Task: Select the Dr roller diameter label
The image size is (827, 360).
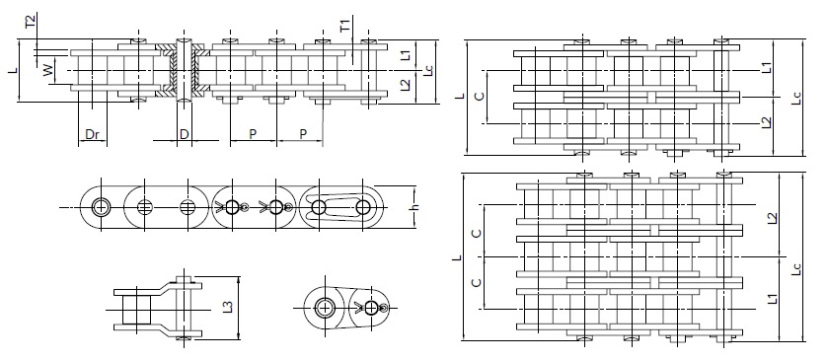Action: [91, 133]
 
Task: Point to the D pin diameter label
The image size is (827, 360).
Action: [184, 133]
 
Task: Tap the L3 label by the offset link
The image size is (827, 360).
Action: [228, 307]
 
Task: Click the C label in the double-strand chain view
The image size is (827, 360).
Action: [478, 96]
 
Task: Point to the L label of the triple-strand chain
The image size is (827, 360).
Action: [455, 258]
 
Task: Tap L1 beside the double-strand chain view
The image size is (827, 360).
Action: [767, 68]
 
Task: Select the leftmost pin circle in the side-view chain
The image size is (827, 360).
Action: [101, 207]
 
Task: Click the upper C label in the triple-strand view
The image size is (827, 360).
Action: [478, 233]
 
